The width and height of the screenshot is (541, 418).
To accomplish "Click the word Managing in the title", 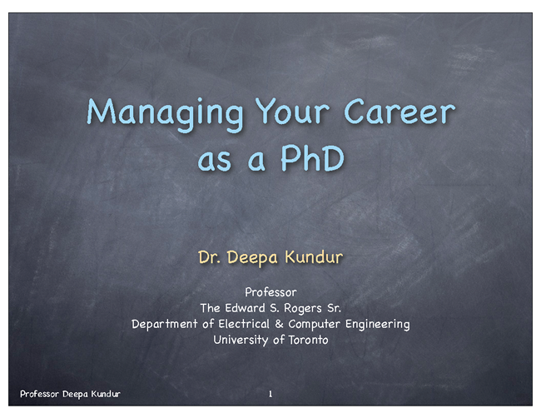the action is point(166,114).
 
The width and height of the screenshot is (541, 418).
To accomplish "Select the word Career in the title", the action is point(400,111).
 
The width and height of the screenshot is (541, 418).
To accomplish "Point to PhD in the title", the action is point(313,158).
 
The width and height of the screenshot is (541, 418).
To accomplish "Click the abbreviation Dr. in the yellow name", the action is point(209,257).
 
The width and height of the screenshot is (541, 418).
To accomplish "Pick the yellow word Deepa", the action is point(252,258).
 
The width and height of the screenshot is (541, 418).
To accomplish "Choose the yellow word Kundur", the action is point(314,257).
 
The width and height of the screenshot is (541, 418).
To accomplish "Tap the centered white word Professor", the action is point(270,292).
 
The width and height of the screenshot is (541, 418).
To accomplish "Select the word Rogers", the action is point(303,309).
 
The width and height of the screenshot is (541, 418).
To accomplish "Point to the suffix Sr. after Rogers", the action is point(334,308).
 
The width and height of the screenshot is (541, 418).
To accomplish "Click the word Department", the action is point(165,325).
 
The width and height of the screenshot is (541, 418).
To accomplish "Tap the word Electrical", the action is point(244,324).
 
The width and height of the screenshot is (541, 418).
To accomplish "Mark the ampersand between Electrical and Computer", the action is point(279,324).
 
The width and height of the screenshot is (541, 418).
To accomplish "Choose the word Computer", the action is point(315,325).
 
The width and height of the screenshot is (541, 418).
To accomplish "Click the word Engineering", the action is point(378,325).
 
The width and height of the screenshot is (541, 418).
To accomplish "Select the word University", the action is point(241,341).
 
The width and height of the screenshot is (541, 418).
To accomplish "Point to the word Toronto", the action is point(309,340).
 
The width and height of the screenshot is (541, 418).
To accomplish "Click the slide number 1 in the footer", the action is point(270,394).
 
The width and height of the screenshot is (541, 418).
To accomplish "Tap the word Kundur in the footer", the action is point(106,394).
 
